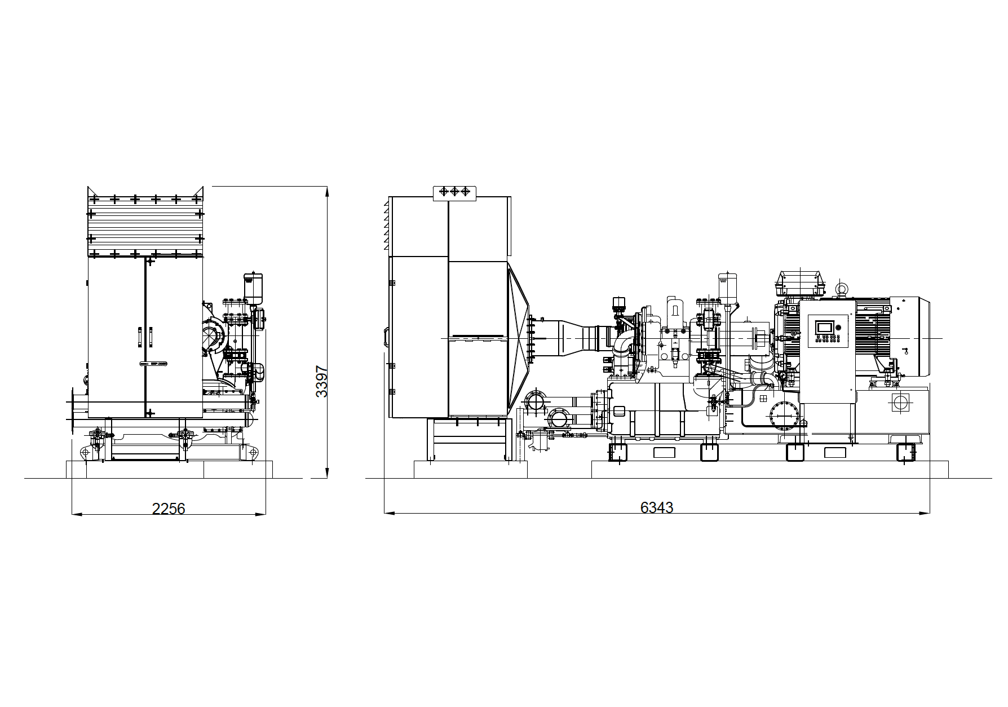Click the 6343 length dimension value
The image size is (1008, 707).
click(657, 507)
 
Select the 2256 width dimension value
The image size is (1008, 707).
click(169, 509)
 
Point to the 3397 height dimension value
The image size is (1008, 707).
click(321, 382)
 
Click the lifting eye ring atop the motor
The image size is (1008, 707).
click(842, 290)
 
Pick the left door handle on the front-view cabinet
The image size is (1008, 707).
click(139, 337)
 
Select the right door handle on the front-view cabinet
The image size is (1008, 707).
click(151, 337)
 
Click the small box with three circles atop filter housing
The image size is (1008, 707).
click(454, 192)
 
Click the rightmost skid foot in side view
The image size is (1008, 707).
click(905, 452)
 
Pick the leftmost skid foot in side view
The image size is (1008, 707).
click(618, 452)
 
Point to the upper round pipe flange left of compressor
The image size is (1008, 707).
click(535, 401)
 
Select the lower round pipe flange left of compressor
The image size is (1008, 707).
click(560, 419)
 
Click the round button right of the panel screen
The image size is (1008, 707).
click(837, 327)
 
